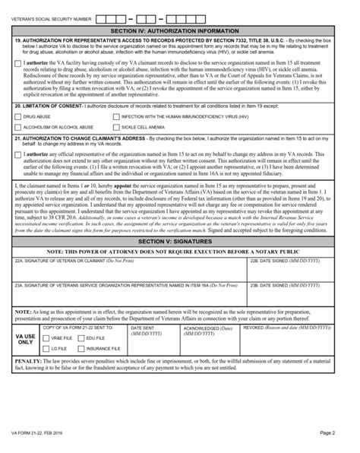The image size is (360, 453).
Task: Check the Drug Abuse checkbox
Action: [x=18, y=117]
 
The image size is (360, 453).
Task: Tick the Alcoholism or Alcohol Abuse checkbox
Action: [x=18, y=128]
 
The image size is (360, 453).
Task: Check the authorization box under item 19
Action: [x=18, y=62]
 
